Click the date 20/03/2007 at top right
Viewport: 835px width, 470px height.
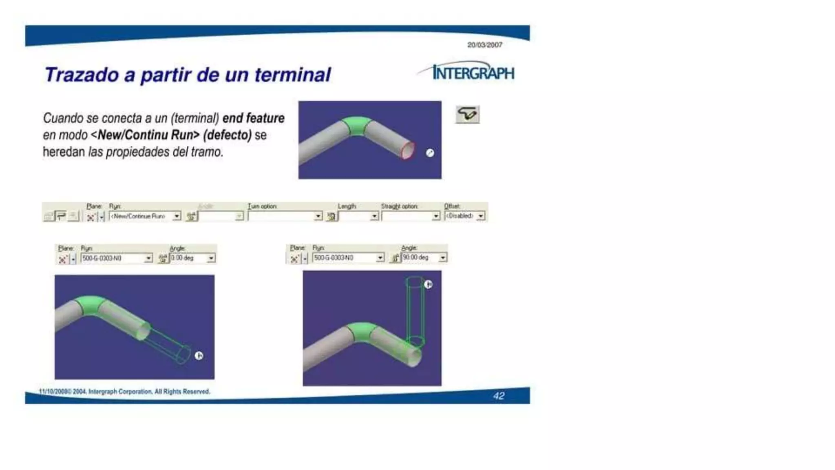pyautogui.click(x=484, y=45)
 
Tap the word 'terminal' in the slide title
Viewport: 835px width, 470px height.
pyautogui.click(x=293, y=75)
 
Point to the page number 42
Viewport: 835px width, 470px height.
pyautogui.click(x=499, y=396)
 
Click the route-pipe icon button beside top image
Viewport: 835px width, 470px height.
pyautogui.click(x=467, y=114)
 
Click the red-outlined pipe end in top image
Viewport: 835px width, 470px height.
pyautogui.click(x=407, y=151)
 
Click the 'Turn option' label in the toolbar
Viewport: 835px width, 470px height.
pyautogui.click(x=262, y=206)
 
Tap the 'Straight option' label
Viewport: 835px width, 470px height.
pyautogui.click(x=399, y=206)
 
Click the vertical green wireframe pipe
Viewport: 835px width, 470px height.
pyautogui.click(x=415, y=310)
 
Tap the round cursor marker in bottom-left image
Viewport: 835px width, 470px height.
pyautogui.click(x=199, y=356)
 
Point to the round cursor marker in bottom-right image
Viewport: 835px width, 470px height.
pyautogui.click(x=428, y=284)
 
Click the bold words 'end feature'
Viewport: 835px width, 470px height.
pyautogui.click(x=253, y=118)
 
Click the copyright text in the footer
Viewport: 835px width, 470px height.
pyautogui.click(x=125, y=392)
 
